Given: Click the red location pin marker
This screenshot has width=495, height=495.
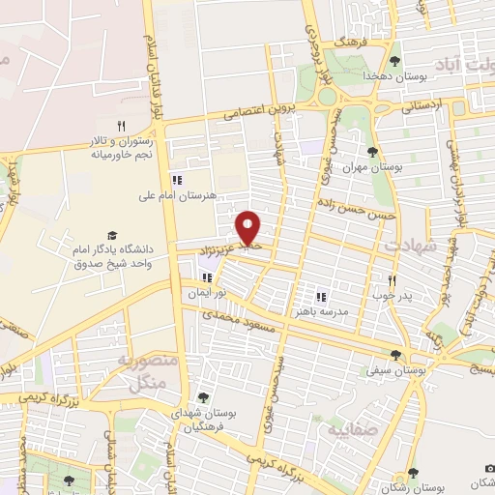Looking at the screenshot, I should pos(248,227).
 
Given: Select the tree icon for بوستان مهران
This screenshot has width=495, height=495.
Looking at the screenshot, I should pos(373,152).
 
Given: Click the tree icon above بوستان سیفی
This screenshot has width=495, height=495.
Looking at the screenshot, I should pos(395,354).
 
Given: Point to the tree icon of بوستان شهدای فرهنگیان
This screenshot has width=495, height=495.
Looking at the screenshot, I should pos(202,396).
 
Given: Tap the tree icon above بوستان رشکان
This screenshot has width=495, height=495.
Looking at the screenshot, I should pos(413,473).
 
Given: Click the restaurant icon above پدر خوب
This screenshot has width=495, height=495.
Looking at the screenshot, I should pos(392,278).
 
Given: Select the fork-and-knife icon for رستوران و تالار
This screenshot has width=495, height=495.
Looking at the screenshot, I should pos(122,125).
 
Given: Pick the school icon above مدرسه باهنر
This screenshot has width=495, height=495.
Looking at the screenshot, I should pos(322,298).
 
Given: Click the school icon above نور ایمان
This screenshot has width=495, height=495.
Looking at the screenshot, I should pos(206,277).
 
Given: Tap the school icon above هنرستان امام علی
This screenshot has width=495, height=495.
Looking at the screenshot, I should pos(176,179).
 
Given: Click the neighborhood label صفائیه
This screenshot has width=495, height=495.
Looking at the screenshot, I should pos(351,426).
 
